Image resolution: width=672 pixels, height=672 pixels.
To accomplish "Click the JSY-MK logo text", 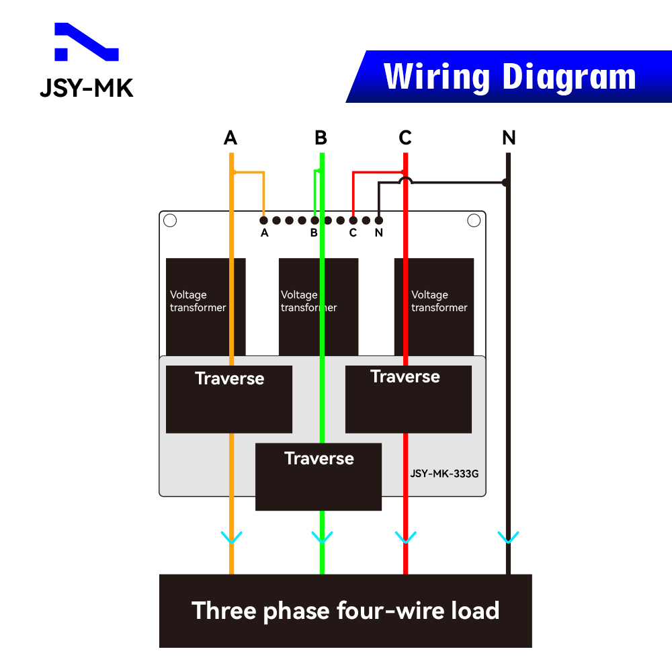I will click(87, 88).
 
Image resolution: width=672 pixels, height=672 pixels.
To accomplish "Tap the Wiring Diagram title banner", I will click(509, 77).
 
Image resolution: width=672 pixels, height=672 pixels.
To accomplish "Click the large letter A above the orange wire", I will click(230, 138).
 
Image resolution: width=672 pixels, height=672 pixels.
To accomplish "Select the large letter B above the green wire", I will click(321, 138).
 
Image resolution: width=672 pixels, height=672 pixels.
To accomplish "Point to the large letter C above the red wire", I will click(405, 138).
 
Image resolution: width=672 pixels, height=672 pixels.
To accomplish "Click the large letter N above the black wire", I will click(509, 138).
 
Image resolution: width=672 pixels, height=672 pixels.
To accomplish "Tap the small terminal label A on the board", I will click(264, 233).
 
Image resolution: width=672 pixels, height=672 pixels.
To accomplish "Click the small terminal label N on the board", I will click(379, 233).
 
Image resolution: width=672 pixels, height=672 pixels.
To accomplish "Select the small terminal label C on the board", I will click(353, 233).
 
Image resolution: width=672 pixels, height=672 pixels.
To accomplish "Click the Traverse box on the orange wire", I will click(228, 399).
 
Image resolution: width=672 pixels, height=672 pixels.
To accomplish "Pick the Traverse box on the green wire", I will click(319, 476).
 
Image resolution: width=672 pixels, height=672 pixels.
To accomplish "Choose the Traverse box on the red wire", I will click(408, 399).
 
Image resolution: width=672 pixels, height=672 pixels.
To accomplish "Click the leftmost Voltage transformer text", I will click(198, 301).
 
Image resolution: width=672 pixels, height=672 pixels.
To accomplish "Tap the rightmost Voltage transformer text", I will click(439, 301).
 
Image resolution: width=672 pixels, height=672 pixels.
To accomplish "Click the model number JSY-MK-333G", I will click(444, 473).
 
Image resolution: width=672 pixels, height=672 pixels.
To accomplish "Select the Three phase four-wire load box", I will click(345, 611).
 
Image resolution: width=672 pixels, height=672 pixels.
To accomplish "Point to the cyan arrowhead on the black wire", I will click(508, 538).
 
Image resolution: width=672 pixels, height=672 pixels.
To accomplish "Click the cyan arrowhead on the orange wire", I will click(231, 538).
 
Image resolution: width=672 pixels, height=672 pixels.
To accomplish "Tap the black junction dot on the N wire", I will click(505, 182).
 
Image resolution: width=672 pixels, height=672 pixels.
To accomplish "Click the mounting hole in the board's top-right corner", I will click(474, 220).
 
